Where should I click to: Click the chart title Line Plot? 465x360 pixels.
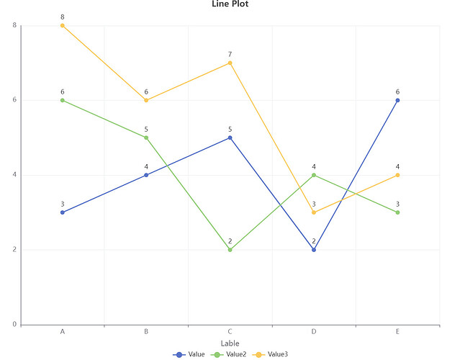230,4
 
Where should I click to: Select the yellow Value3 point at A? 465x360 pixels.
63,25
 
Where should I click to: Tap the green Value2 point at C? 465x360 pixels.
230,250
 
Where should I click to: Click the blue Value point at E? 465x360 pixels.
397,100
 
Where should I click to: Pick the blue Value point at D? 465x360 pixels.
314,250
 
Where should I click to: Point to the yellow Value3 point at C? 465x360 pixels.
230,63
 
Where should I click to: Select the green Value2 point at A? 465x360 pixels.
63,100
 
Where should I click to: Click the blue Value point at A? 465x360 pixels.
63,212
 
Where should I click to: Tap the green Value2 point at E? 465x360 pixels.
397,212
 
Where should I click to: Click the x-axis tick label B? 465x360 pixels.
146,332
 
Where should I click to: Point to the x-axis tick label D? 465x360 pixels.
314,332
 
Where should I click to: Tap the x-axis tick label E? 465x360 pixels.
397,332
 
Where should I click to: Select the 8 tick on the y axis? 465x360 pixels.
14,25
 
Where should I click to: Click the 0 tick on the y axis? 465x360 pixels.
14,325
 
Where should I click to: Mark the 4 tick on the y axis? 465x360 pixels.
14,175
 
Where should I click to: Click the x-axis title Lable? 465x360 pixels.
230,343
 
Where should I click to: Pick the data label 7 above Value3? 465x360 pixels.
230,54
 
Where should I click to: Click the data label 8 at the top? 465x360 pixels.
63,17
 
